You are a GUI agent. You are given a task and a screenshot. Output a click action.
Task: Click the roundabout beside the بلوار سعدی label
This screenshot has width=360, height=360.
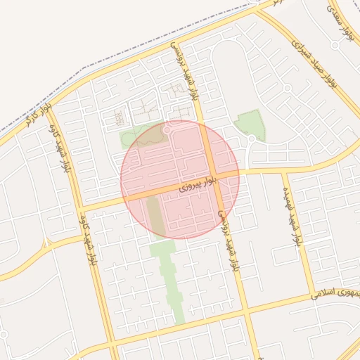click(335, 45)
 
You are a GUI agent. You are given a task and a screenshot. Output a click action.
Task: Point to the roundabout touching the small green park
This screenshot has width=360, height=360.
click(251, 138)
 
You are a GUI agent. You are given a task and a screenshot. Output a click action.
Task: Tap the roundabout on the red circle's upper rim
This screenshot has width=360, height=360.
click(167, 130)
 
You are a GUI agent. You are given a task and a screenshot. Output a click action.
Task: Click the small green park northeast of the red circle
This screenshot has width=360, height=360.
click(252, 123)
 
